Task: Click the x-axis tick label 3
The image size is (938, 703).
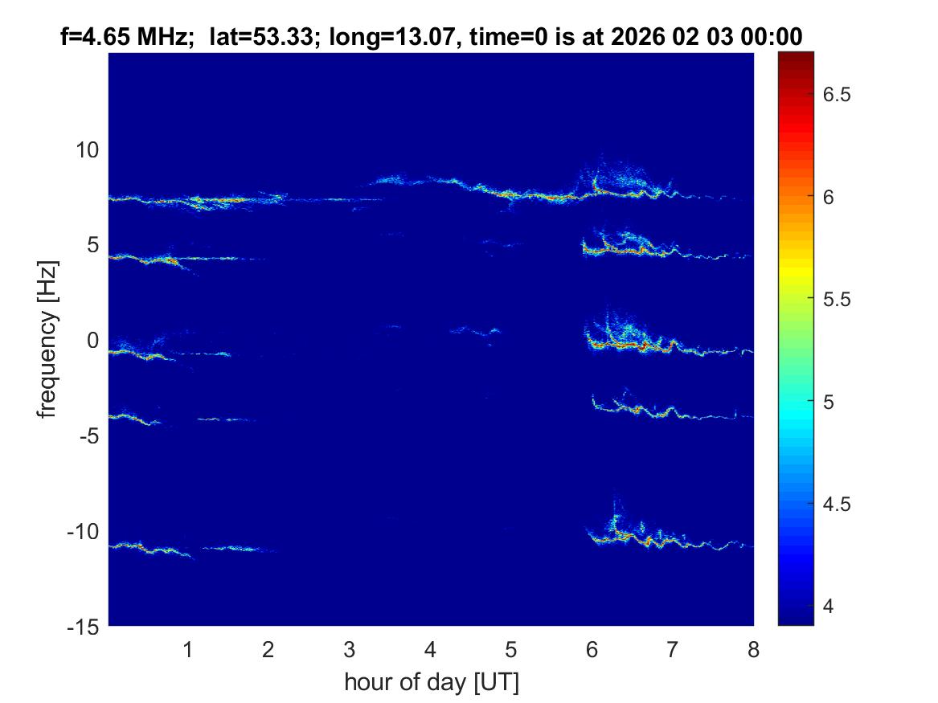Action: [349, 649]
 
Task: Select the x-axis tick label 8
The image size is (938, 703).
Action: [753, 649]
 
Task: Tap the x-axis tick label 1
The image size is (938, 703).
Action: [187, 649]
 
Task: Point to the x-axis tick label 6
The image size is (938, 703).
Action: [592, 649]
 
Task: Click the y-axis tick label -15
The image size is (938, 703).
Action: [84, 627]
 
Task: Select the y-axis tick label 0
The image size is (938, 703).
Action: [92, 341]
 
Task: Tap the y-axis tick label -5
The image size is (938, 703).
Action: [88, 436]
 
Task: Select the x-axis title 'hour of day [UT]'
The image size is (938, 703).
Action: [431, 683]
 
